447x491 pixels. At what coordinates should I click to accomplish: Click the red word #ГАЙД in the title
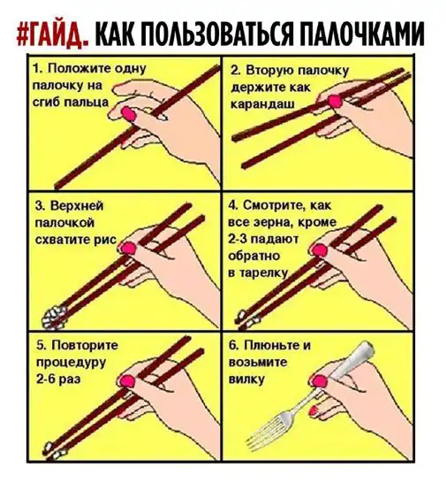(x=52, y=35)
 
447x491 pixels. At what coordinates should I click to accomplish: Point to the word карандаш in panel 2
(x=262, y=104)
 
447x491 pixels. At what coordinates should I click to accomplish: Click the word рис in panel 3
(x=105, y=240)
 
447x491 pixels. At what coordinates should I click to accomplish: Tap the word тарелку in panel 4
(x=262, y=273)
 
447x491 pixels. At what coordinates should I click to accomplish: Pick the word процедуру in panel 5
(x=71, y=363)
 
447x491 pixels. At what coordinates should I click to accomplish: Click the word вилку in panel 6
(x=246, y=380)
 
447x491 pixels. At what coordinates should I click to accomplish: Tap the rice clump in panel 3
(x=55, y=318)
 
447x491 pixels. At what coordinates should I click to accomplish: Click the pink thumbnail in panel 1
(x=129, y=113)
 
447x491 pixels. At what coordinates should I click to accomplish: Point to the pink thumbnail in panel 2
(x=335, y=101)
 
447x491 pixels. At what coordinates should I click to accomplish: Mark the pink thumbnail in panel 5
(x=127, y=381)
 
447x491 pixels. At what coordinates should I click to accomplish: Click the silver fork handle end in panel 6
(x=366, y=347)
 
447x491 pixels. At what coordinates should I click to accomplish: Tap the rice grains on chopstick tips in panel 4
(x=248, y=319)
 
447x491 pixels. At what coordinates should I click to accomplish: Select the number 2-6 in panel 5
(x=46, y=380)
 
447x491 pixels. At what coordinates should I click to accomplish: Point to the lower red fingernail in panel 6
(x=314, y=410)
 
